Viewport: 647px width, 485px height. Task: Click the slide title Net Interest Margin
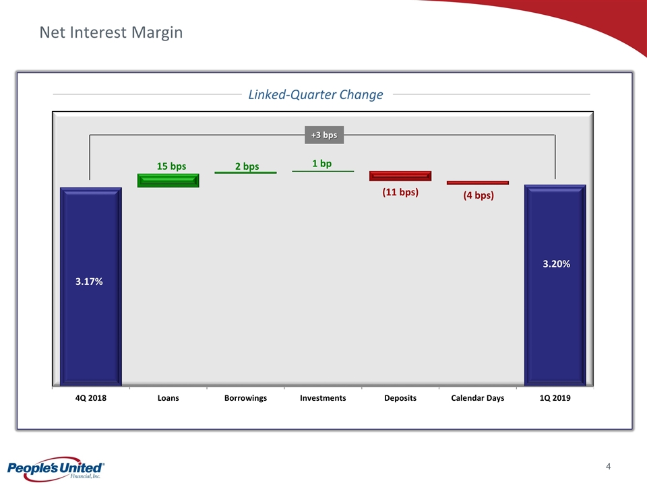pyautogui.click(x=111, y=32)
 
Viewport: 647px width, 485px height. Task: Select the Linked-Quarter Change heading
pyautogui.click(x=315, y=94)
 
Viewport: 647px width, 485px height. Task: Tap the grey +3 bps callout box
pyautogui.click(x=324, y=135)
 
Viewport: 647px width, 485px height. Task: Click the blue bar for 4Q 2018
pyautogui.click(x=91, y=287)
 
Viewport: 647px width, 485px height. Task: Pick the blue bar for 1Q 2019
pyautogui.click(x=555, y=286)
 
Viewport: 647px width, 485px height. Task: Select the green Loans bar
pyautogui.click(x=168, y=181)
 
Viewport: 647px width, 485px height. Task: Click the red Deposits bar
pyautogui.click(x=400, y=176)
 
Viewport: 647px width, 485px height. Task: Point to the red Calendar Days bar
pyautogui.click(x=478, y=183)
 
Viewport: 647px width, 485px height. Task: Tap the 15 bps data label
pyautogui.click(x=171, y=166)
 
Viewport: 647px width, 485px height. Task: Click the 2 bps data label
pyautogui.click(x=247, y=166)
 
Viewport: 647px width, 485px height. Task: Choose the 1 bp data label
pyautogui.click(x=322, y=164)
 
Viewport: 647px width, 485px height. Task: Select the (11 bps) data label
pyautogui.click(x=400, y=192)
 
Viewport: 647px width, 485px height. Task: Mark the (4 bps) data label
pyautogui.click(x=479, y=195)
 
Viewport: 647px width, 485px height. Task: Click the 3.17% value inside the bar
pyautogui.click(x=89, y=282)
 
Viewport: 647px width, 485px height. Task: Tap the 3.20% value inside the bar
pyautogui.click(x=556, y=264)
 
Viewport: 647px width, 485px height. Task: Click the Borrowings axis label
pyautogui.click(x=245, y=398)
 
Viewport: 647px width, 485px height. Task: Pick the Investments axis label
pyautogui.click(x=323, y=398)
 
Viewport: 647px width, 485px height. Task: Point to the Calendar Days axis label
pyautogui.click(x=478, y=398)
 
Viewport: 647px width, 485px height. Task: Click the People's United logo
pyautogui.click(x=56, y=469)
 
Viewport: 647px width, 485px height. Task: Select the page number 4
pyautogui.click(x=608, y=466)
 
